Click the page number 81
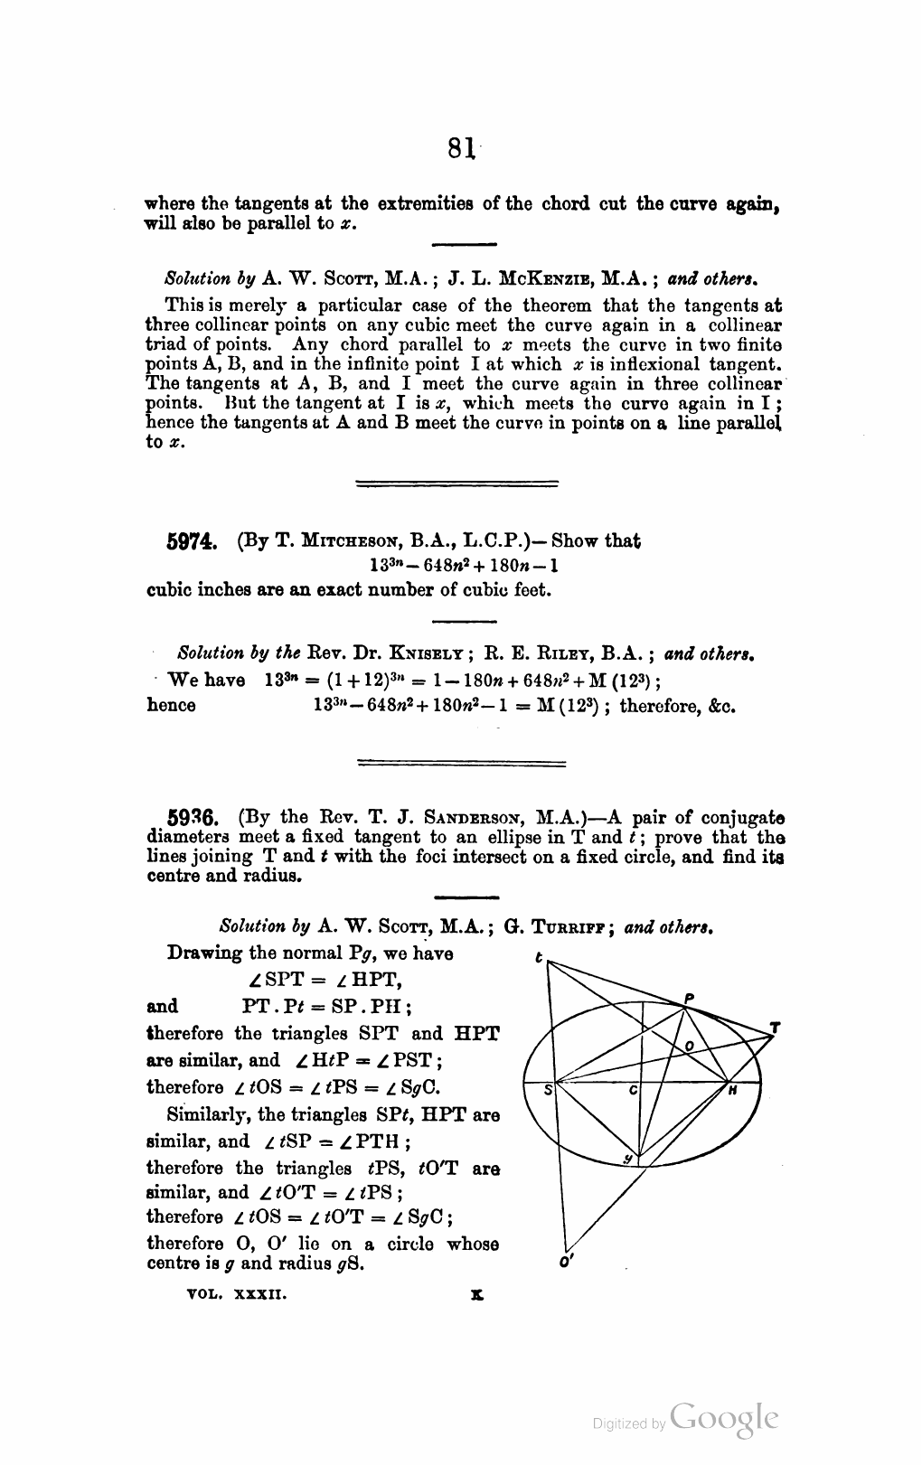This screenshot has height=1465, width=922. click(x=460, y=147)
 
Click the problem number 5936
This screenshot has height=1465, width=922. click(x=192, y=820)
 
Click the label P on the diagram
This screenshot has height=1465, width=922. click(x=689, y=999)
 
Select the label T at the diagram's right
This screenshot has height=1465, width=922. click(x=775, y=1028)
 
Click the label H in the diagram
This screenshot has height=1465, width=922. click(x=733, y=1091)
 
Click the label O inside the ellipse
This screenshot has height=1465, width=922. click(x=690, y=1045)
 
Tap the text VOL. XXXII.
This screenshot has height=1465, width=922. click(x=236, y=1294)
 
